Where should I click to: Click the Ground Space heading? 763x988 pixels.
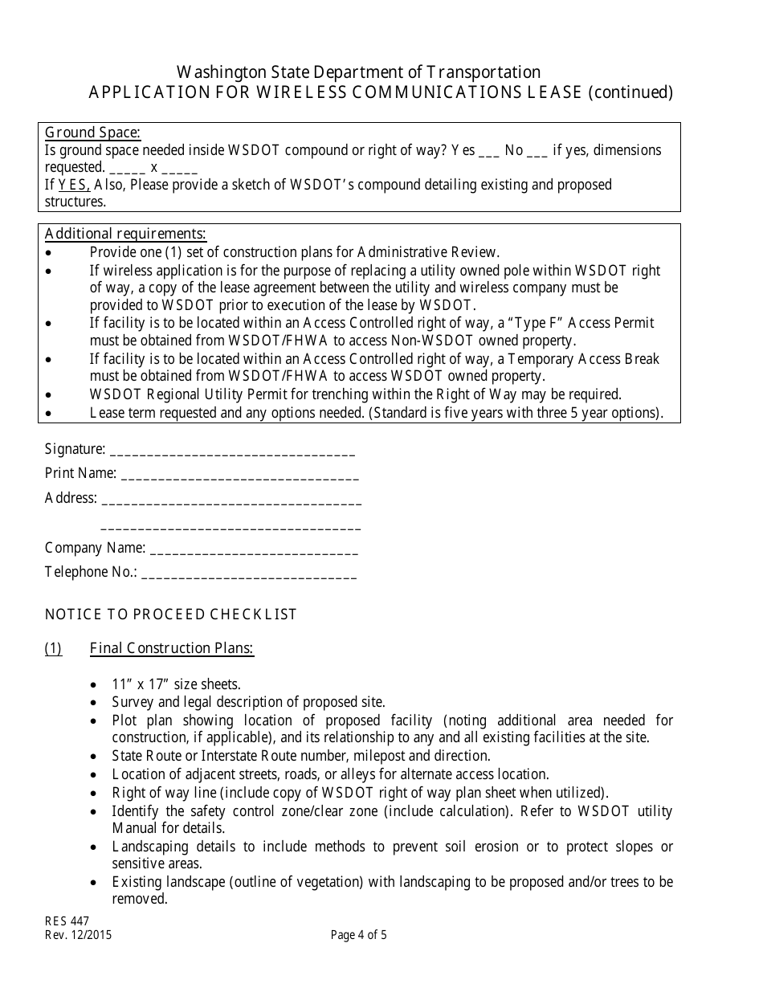(92, 133)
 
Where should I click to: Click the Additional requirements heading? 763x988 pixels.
(125, 234)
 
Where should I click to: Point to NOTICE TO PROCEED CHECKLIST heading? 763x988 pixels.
(171, 614)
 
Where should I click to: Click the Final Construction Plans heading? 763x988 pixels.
(172, 648)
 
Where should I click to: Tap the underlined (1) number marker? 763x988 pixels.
(53, 648)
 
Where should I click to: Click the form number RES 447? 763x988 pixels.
(67, 921)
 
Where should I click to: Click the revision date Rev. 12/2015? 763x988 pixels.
(78, 935)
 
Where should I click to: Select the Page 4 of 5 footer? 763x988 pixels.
(358, 935)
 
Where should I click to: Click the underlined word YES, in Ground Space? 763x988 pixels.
(75, 185)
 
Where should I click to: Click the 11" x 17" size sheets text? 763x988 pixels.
(176, 684)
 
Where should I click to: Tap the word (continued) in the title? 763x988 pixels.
(630, 92)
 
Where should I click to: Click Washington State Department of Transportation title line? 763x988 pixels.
(358, 72)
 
